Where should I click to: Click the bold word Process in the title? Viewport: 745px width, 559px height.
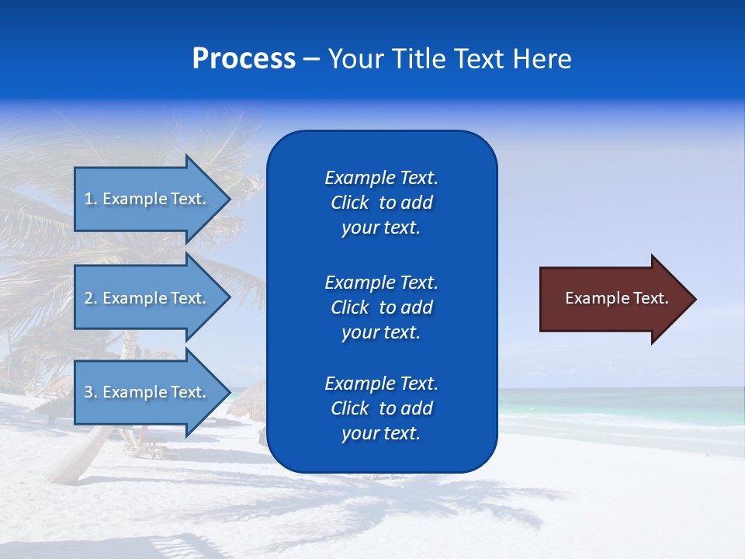(x=244, y=59)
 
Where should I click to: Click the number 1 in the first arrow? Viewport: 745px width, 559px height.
(x=88, y=199)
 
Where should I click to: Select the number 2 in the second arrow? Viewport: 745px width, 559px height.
(x=88, y=298)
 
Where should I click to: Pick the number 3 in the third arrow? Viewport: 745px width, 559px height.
(x=88, y=392)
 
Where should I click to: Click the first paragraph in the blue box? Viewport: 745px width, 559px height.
(x=381, y=203)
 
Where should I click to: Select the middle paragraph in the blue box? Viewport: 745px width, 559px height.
(x=381, y=307)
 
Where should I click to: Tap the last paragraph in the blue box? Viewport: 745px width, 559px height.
(x=381, y=408)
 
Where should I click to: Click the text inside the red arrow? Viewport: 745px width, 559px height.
(x=616, y=298)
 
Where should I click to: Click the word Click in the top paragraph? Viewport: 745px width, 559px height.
(x=349, y=203)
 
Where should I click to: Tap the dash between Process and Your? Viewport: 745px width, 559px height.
(x=312, y=60)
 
